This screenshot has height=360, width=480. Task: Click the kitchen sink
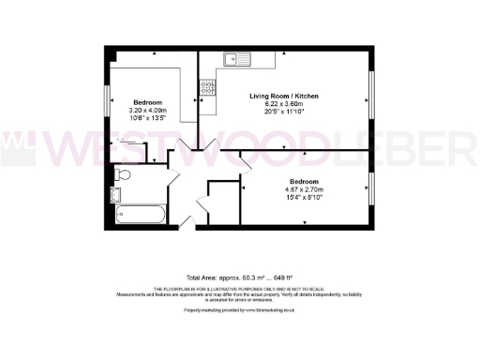tap(233, 60)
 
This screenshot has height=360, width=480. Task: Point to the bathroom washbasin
tap(116, 195)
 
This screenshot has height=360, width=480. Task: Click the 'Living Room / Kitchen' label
tap(283, 97)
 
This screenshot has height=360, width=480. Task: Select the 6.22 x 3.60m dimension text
tap(283, 105)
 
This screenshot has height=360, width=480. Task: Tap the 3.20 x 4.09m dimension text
tap(149, 110)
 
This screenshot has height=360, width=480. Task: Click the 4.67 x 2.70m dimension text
tap(306, 188)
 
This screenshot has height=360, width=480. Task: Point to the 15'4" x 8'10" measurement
tap(306, 197)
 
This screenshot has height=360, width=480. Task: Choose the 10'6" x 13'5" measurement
tap(149, 118)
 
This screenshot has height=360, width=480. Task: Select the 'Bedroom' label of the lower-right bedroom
tap(306, 180)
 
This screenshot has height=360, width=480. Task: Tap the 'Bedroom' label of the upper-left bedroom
tap(149, 101)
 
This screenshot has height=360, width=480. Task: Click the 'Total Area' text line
tap(240, 277)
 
